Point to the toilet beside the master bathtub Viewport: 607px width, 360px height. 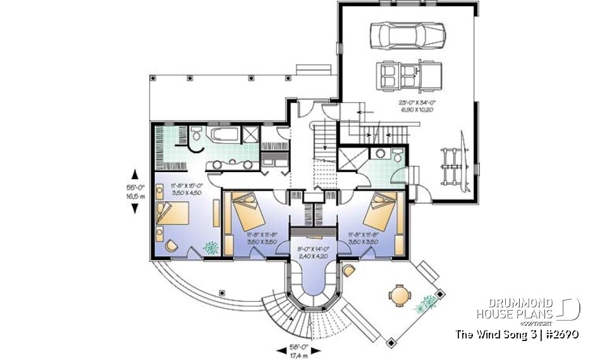pos(197,134)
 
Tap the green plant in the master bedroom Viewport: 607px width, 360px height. pos(209,246)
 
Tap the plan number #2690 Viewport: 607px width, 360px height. pos(559,333)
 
